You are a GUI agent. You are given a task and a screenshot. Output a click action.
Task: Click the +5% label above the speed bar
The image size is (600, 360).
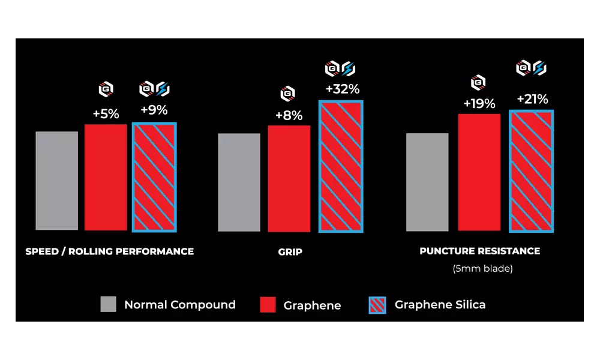coord(106,113)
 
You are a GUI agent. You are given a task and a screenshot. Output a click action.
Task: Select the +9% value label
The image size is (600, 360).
coord(154,110)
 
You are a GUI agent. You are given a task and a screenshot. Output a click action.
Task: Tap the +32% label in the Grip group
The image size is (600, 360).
coord(342,89)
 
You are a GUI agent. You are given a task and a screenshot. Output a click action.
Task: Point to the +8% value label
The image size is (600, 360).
coord(289,116)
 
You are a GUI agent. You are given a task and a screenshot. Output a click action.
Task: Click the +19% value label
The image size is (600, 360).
coord(479,103)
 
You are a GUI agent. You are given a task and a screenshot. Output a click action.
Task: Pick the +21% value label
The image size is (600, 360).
coord(532,100)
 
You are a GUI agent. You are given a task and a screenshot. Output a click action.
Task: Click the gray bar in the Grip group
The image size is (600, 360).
coord(239,182)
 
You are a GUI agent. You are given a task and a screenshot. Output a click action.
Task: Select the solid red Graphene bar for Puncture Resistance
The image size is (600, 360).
coord(479,172)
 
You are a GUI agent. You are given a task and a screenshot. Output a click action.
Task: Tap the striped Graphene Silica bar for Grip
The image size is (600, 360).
coord(341,166)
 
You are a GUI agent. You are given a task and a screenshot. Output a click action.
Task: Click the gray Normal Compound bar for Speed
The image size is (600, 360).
coord(57,180)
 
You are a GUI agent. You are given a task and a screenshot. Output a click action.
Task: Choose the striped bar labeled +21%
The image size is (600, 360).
coord(531,170)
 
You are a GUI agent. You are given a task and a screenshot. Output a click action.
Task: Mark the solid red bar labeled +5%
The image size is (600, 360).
coord(106,177)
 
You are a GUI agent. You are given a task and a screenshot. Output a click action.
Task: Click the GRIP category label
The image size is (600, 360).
coord(290,252)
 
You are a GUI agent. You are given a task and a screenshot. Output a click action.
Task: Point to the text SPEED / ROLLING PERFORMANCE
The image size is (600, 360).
coord(109,251)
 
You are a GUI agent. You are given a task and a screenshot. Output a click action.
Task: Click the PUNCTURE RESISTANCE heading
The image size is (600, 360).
coord(479,251)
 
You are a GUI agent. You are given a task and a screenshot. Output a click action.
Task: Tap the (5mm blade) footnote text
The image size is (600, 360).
coord(482,269)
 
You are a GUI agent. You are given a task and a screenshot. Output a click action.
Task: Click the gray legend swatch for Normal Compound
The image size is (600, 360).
coord(109,304)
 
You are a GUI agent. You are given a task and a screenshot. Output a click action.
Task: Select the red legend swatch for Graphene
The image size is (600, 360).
coord(268,304)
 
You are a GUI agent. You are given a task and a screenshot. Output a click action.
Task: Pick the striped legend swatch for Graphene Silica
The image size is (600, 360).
coord(375,305)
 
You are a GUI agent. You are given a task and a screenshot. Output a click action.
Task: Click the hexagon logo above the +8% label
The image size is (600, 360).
coord(288,94)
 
